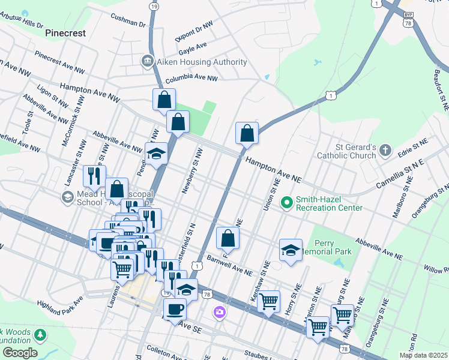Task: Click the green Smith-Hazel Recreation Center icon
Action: pyautogui.click(x=287, y=203)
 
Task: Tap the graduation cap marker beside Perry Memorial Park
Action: pyautogui.click(x=291, y=250)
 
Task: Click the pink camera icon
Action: pyautogui.click(x=220, y=312)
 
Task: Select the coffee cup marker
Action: pyautogui.click(x=175, y=309)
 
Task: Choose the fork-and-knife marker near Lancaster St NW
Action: pyautogui.click(x=94, y=175)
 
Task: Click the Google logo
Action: pyautogui.click(x=20, y=353)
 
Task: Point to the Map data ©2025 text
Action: pyautogui.click(x=423, y=355)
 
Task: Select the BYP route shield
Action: pyautogui.click(x=408, y=14)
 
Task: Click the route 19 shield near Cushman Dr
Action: pyautogui.click(x=154, y=6)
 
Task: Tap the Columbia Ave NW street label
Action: pyautogui.click(x=191, y=78)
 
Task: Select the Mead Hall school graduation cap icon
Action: pyautogui.click(x=67, y=197)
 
